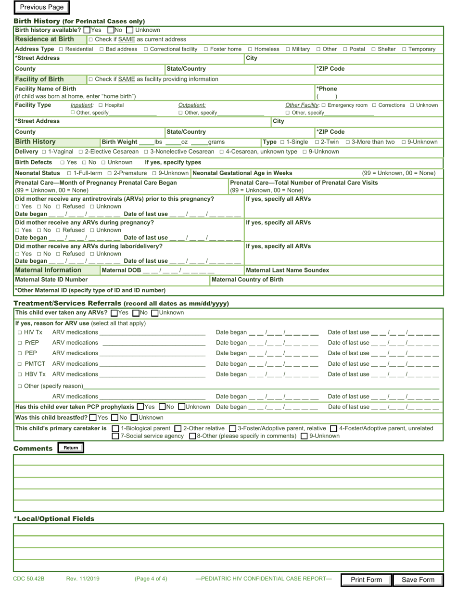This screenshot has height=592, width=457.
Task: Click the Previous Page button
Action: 42,7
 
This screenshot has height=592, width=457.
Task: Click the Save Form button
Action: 418,579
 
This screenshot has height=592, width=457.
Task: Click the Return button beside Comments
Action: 71,448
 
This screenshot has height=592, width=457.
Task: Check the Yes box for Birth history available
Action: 87,30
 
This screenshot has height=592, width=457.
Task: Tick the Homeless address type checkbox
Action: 250,49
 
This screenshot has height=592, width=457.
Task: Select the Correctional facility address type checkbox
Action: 146,49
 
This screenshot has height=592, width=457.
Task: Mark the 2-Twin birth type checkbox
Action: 317,142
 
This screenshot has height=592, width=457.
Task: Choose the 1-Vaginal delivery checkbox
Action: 44,152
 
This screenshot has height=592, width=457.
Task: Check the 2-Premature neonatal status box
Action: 110,173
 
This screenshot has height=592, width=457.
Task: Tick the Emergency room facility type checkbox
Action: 323,105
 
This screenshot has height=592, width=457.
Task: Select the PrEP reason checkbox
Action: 20,343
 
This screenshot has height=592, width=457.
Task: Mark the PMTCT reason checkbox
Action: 20,364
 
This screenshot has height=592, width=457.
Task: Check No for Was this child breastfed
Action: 114,418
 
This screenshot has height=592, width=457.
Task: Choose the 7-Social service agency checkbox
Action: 115,436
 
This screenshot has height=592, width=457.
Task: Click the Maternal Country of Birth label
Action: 247,280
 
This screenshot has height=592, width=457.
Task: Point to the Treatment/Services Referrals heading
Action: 67,303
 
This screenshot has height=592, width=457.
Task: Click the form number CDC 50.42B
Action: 29,579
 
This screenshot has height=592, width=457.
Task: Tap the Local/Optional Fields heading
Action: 54,518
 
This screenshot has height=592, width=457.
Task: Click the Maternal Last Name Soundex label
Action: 287,270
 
